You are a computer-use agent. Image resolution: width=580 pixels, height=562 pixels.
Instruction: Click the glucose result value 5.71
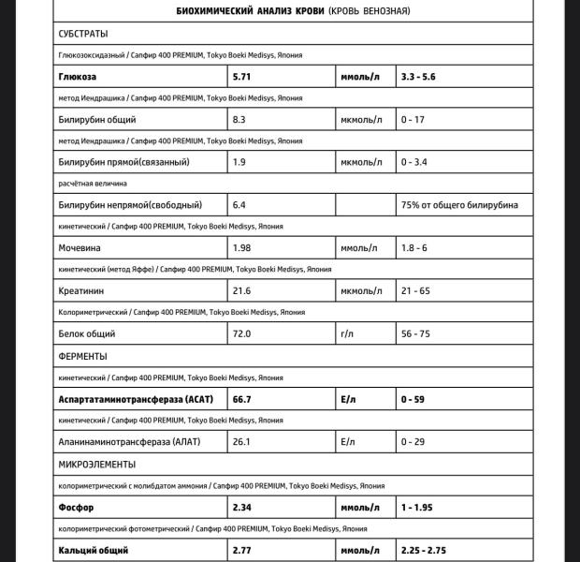pyautogui.click(x=242, y=77)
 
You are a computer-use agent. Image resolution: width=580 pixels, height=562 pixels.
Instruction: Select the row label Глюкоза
pyautogui.click(x=79, y=77)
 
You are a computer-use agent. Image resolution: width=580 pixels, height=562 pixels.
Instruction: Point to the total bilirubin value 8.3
pyautogui.click(x=239, y=120)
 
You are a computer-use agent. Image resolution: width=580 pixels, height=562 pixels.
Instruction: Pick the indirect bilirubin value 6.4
pyautogui.click(x=239, y=204)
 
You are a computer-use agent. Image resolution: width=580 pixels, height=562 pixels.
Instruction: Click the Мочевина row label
pyautogui.click(x=80, y=248)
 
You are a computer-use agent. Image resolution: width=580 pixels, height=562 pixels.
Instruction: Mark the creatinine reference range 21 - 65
pyautogui.click(x=415, y=291)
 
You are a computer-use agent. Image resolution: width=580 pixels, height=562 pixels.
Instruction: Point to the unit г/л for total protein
pyautogui.click(x=349, y=333)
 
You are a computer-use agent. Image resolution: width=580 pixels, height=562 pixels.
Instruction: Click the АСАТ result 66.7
pyautogui.click(x=242, y=399)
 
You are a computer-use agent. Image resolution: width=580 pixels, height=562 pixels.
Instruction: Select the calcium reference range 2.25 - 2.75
pyautogui.click(x=429, y=551)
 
